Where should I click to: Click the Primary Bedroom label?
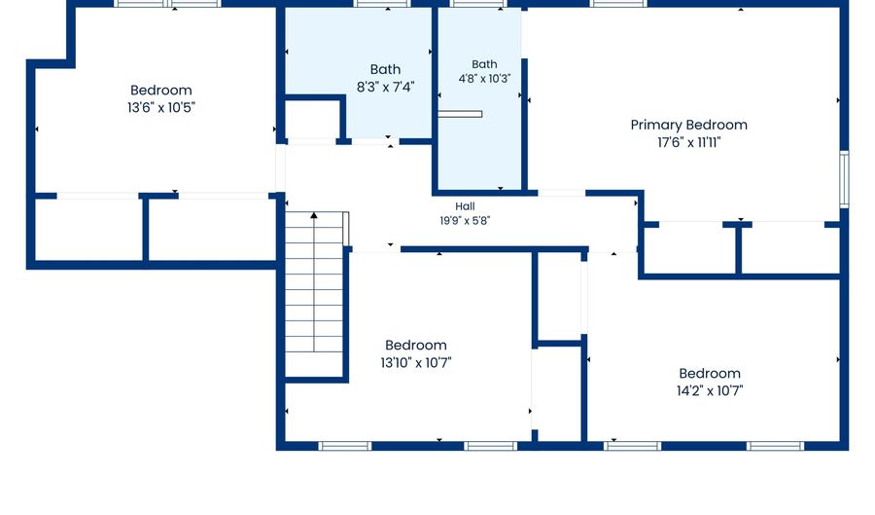pyautogui.click(x=688, y=126)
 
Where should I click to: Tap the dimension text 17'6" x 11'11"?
pyautogui.click(x=688, y=142)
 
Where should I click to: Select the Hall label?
pyautogui.click(x=465, y=206)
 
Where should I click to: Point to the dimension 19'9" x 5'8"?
pyautogui.click(x=465, y=221)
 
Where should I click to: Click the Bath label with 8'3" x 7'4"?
pyautogui.click(x=385, y=69)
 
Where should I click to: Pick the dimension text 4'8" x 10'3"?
pyautogui.click(x=484, y=79)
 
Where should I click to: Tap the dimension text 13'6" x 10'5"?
pyautogui.click(x=161, y=108)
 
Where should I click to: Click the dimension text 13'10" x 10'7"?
pyautogui.click(x=416, y=362)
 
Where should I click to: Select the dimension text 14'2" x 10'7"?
pyautogui.click(x=710, y=391)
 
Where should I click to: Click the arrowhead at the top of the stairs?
pyautogui.click(x=314, y=215)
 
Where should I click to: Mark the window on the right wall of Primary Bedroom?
pyautogui.click(x=844, y=179)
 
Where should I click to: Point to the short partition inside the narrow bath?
pyautogui.click(x=460, y=114)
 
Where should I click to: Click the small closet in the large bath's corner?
pyautogui.click(x=311, y=120)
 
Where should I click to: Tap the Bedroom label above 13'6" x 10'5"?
pyautogui.click(x=161, y=90)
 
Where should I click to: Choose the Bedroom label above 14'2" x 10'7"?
pyautogui.click(x=710, y=373)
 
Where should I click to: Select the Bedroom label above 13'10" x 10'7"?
pyautogui.click(x=416, y=345)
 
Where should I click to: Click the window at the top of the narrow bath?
pyautogui.click(x=478, y=3)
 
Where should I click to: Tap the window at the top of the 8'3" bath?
pyautogui.click(x=382, y=3)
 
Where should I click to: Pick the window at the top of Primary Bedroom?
pyautogui.click(x=618, y=3)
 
